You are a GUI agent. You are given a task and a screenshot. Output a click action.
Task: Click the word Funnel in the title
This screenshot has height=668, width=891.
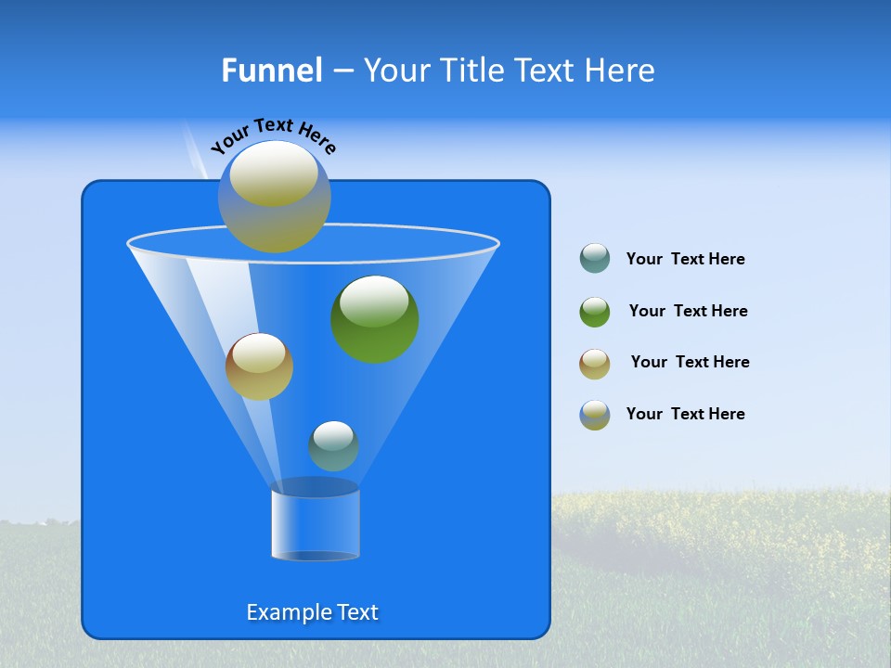(271, 71)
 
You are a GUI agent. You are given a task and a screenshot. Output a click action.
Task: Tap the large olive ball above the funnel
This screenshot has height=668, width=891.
(275, 197)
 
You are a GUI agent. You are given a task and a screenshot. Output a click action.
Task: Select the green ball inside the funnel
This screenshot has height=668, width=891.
(375, 320)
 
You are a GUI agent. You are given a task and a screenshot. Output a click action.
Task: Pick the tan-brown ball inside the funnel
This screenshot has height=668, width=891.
(259, 366)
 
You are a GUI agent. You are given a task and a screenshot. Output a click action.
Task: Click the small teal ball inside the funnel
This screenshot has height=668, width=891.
(333, 445)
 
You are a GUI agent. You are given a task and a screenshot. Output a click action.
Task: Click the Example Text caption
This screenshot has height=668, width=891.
(312, 612)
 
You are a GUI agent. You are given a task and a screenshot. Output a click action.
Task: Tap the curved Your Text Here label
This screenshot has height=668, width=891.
(273, 135)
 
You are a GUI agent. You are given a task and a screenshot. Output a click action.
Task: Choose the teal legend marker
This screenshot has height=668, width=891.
(595, 258)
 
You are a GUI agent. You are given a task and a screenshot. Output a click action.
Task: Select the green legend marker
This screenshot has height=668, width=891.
(595, 312)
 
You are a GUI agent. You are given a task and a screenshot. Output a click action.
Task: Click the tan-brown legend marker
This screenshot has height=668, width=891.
(595, 363)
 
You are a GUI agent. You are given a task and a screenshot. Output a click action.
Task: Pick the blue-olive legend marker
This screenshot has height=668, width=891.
(595, 415)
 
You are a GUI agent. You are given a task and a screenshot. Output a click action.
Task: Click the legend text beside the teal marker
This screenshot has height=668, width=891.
(685, 259)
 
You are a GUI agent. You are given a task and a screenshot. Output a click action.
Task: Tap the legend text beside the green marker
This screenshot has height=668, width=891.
(688, 311)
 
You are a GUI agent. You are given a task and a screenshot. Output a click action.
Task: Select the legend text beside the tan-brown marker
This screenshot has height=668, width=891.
(690, 362)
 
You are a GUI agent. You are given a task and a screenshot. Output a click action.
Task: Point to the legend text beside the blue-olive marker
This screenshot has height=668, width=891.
(685, 414)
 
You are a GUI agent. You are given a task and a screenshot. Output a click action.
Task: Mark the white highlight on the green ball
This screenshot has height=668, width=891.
(374, 299)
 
